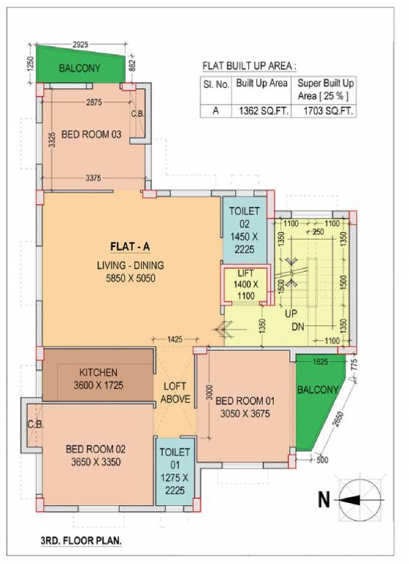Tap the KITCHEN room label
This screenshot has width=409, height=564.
pyautogui.click(x=88, y=372)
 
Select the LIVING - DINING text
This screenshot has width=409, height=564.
pyautogui.click(x=129, y=265)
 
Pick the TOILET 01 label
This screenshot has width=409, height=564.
pyautogui.click(x=174, y=452)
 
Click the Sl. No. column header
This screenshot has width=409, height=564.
pyautogui.click(x=216, y=84)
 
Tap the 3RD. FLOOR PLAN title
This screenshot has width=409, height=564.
pyautogui.click(x=81, y=540)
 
